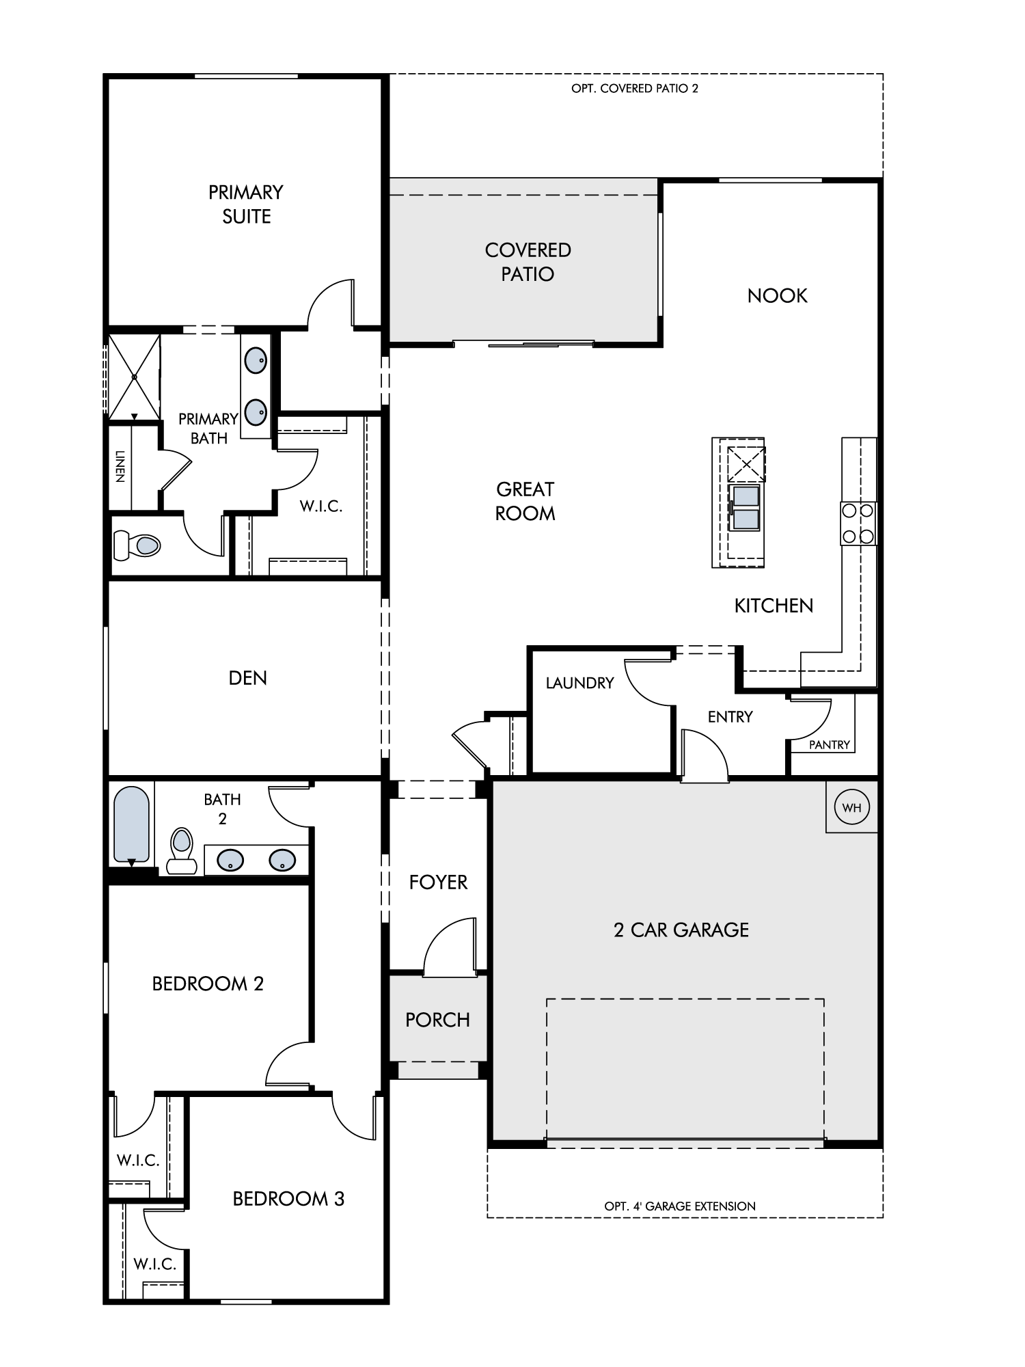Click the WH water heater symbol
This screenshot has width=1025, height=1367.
click(851, 807)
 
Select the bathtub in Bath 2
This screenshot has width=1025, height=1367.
click(131, 825)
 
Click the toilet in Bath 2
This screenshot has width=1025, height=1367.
click(182, 850)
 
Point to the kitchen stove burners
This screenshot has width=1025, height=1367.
click(858, 523)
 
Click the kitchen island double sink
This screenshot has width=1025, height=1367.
click(746, 509)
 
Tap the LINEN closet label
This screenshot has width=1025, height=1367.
click(120, 466)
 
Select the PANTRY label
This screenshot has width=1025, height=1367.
click(830, 745)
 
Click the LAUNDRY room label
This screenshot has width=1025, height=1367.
click(580, 683)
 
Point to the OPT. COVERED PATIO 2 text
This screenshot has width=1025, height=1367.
click(635, 88)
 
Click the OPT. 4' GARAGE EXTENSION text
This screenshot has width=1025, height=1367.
click(680, 1206)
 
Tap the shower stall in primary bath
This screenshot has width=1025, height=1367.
click(135, 377)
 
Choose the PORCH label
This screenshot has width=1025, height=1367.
click(437, 1020)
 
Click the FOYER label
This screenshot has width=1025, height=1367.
click(438, 882)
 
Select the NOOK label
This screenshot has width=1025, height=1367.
click(778, 296)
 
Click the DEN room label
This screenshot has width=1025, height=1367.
click(248, 678)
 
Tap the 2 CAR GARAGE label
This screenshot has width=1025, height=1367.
click(681, 930)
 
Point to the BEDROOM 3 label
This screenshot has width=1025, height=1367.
click(288, 1199)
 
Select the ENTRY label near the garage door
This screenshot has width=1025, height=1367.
click(730, 717)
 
